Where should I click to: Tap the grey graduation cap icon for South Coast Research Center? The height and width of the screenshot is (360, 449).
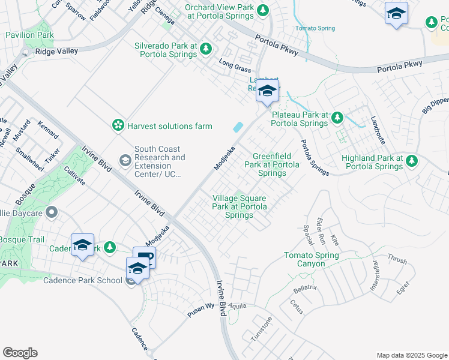(125, 160)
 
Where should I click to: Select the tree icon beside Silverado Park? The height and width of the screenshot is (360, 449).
(205, 49)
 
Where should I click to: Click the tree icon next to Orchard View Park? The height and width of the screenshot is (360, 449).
(262, 10)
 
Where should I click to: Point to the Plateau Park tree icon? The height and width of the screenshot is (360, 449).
(337, 117)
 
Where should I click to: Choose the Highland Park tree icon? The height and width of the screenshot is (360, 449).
(412, 160)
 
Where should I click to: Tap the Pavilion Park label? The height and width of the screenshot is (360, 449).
(30, 35)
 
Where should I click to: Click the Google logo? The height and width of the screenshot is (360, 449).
(20, 353)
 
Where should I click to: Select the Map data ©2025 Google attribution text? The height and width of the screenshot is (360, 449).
(412, 355)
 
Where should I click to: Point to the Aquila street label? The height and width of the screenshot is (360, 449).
(238, 305)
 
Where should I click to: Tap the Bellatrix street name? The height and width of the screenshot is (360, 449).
(305, 289)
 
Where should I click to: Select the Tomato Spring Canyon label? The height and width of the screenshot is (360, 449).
(312, 259)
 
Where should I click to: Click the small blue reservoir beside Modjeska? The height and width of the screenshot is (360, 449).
(238, 127)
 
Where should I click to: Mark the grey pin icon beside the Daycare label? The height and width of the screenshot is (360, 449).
(52, 212)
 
